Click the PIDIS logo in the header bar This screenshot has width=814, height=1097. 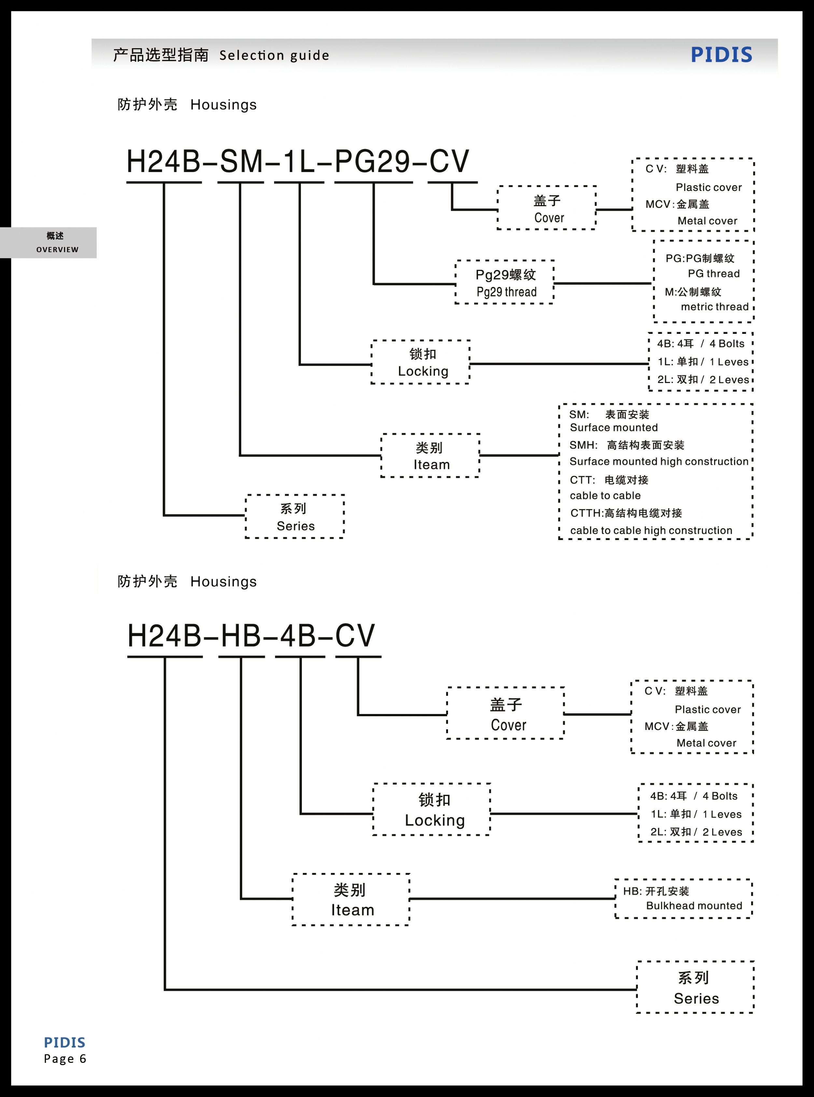pyautogui.click(x=721, y=55)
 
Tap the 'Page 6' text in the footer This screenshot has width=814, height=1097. pyautogui.click(x=65, y=1059)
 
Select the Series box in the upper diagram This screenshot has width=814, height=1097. pyautogui.click(x=295, y=517)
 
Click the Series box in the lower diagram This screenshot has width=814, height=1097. pyautogui.click(x=695, y=988)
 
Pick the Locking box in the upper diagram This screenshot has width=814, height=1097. pyautogui.click(x=421, y=362)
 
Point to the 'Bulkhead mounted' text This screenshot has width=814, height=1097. pyautogui.click(x=694, y=906)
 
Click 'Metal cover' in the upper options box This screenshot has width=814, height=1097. pyautogui.click(x=707, y=221)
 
